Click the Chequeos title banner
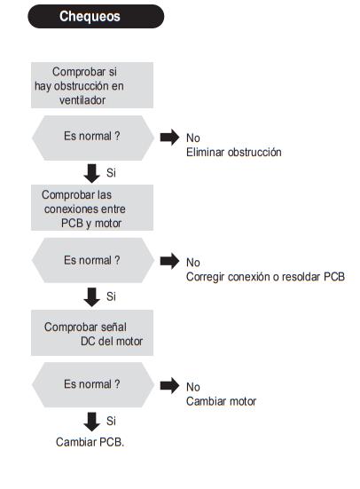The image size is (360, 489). [x=96, y=16]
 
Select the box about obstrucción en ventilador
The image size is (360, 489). [x=92, y=85]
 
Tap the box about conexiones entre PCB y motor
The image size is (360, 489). [x=92, y=208]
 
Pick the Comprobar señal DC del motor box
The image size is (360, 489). [x=92, y=333]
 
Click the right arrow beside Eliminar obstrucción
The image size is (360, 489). [x=169, y=138]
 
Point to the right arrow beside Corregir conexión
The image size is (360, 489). [x=169, y=261]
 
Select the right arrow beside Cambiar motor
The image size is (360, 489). [x=169, y=386]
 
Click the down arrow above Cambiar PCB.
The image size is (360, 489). [x=91, y=422]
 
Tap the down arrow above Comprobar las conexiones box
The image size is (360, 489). [x=91, y=174]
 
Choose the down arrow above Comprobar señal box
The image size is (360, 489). [x=91, y=297]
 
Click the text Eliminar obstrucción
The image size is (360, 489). [x=234, y=152]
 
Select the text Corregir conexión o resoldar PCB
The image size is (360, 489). [x=265, y=277]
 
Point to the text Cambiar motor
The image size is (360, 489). [x=222, y=401]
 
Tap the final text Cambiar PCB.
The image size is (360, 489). [x=90, y=442]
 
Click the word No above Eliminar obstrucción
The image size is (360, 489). [x=193, y=138]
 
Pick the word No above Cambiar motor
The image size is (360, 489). [x=193, y=387]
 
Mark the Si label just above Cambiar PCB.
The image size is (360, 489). [x=111, y=421]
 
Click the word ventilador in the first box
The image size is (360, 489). [x=82, y=100]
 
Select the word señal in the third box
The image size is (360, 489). [x=113, y=327]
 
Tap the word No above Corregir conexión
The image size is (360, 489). [x=193, y=263]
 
